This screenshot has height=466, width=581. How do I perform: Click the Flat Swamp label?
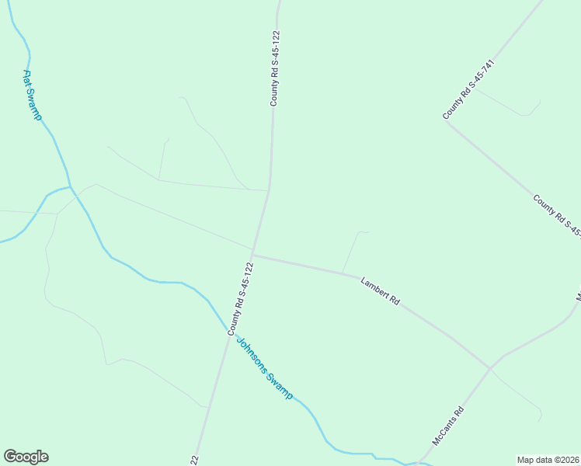(32, 96)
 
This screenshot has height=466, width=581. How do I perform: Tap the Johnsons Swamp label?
(265, 368)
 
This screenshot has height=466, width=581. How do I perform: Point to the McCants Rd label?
(448, 426)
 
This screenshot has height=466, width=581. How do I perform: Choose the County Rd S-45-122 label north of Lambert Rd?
(274, 68)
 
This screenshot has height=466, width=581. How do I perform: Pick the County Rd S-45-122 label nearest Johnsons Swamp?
(241, 299)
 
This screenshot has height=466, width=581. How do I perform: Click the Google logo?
(26, 457)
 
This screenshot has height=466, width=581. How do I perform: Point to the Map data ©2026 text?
(548, 460)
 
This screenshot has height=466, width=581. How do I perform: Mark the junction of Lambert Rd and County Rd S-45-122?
(252, 254)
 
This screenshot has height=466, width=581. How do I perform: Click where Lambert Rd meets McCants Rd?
(490, 367)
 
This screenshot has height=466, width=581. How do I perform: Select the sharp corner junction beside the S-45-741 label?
(446, 121)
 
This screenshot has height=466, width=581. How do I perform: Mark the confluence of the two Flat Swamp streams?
(70, 187)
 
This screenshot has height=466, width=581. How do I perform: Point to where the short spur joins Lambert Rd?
(343, 273)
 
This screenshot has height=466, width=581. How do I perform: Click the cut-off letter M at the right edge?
(578, 297)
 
